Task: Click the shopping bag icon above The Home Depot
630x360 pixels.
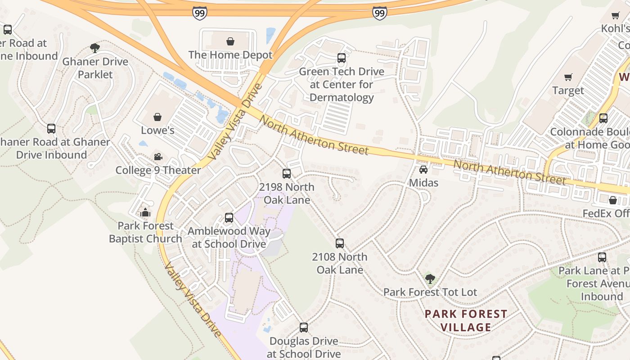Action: click(230, 42)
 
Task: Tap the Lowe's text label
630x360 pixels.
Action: click(157, 130)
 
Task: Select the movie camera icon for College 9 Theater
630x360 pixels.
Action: click(158, 157)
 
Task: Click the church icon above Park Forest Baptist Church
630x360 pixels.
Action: click(145, 212)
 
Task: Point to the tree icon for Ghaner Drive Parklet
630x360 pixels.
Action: click(95, 48)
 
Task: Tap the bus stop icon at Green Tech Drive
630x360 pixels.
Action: click(342, 58)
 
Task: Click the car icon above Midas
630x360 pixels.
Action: click(423, 170)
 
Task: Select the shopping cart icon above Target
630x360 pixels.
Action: click(568, 77)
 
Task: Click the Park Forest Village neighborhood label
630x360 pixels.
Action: click(466, 320)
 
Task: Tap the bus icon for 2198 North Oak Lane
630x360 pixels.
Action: click(287, 174)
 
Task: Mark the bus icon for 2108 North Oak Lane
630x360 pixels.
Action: click(340, 243)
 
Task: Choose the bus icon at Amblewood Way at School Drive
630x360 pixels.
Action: click(229, 218)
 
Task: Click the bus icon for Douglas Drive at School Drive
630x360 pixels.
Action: click(304, 328)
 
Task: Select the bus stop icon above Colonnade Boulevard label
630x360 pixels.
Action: click(603, 118)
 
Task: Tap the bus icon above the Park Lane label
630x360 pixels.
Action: click(602, 257)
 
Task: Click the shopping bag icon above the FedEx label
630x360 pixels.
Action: click(613, 200)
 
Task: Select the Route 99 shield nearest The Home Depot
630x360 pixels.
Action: click(199, 13)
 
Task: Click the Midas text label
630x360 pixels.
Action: click(423, 183)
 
